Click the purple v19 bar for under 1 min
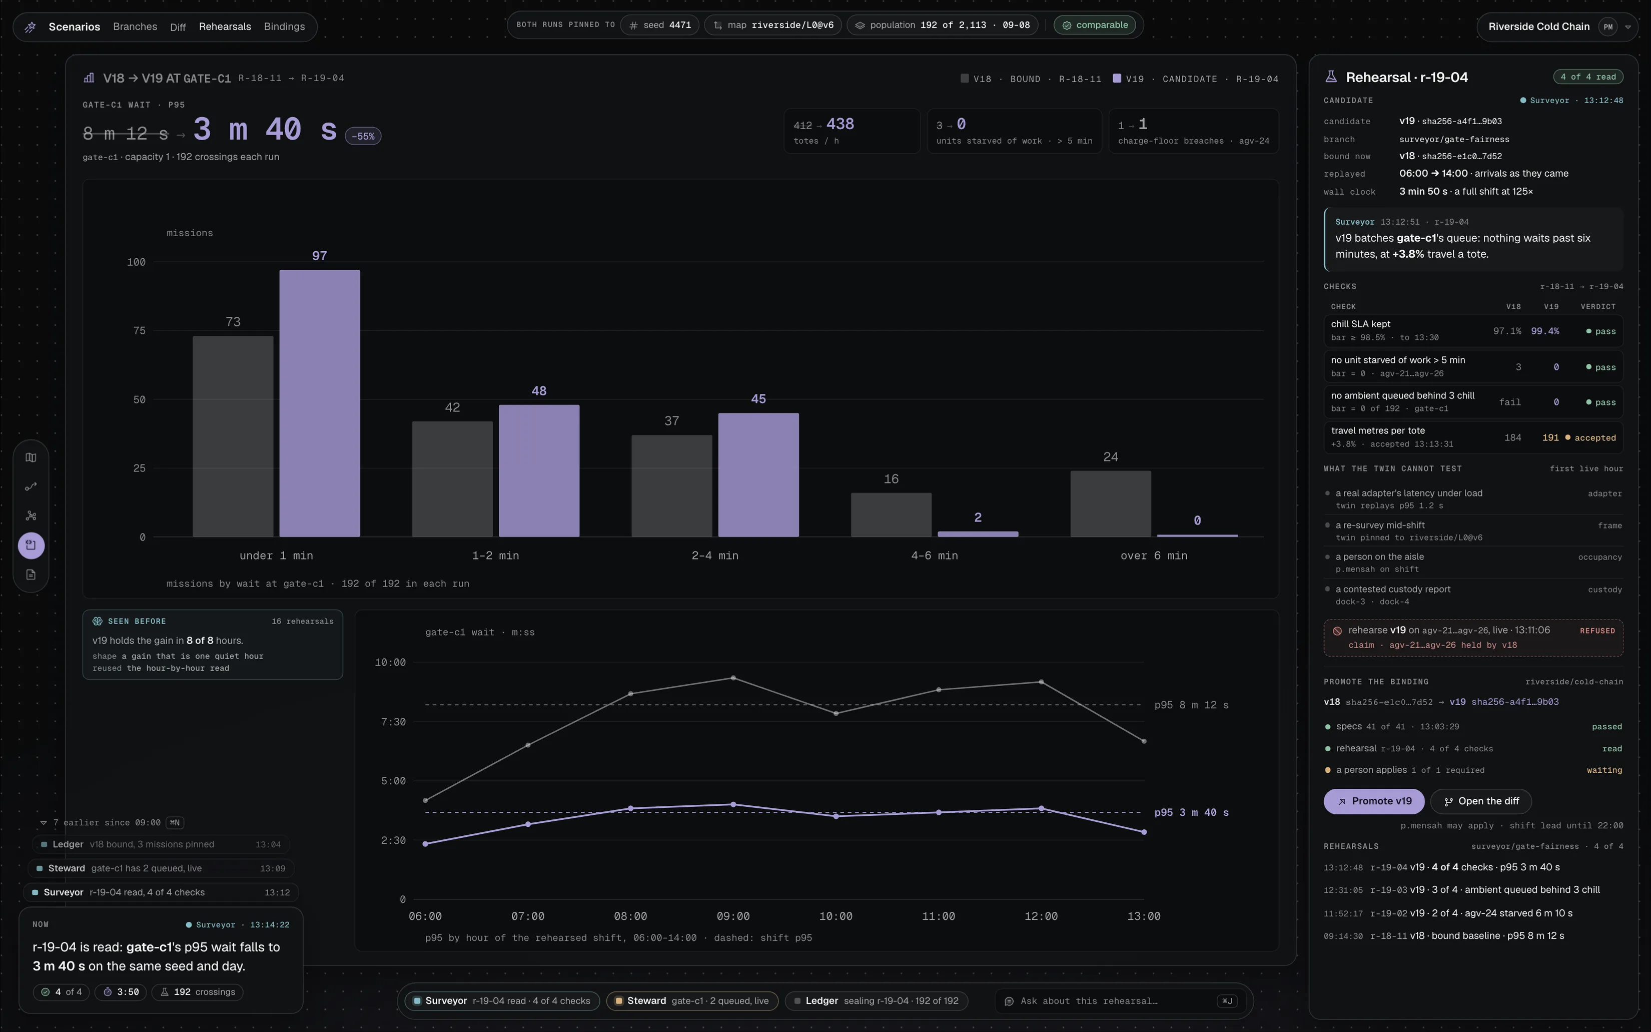(x=319, y=403)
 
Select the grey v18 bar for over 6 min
(x=1111, y=503)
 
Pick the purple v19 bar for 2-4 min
(x=758, y=475)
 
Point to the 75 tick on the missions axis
(x=139, y=331)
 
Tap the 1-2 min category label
(x=495, y=556)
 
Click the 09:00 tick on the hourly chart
(x=733, y=916)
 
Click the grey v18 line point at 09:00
(x=733, y=678)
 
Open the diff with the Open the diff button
(x=1480, y=801)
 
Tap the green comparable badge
(x=1095, y=25)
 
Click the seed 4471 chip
(x=660, y=25)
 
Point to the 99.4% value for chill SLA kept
(x=1544, y=331)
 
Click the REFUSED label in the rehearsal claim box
(x=1597, y=631)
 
